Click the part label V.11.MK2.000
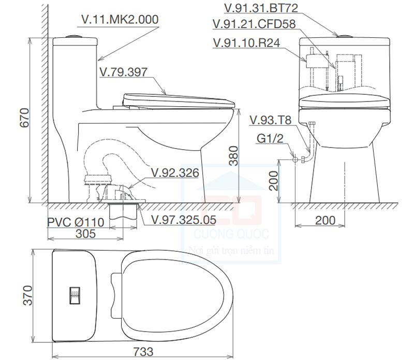[120, 20]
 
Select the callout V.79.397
[126, 72]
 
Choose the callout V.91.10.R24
[247, 43]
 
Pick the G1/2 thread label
[271, 138]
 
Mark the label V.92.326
[175, 173]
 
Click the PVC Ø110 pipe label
[76, 222]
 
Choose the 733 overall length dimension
[143, 351]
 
